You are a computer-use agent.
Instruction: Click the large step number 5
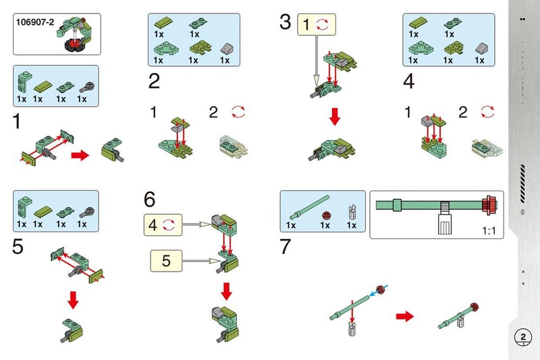pos(18,247)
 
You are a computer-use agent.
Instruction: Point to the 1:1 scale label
pos(489,231)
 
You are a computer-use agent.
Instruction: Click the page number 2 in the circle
pos(523,336)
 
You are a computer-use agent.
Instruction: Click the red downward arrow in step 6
pos(227,291)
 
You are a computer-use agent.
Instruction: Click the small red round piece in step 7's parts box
pos(325,215)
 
